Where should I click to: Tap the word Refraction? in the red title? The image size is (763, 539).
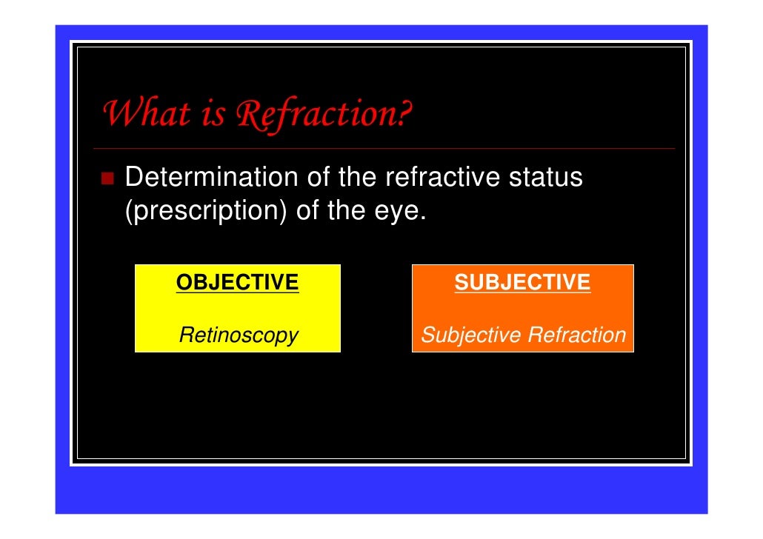click(x=324, y=114)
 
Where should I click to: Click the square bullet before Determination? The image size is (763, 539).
click(x=108, y=178)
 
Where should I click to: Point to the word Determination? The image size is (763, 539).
click(x=211, y=178)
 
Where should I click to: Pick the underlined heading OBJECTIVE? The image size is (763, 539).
click(x=237, y=282)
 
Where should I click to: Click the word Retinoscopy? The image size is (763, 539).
click(x=239, y=335)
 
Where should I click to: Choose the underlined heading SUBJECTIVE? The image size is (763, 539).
click(x=522, y=282)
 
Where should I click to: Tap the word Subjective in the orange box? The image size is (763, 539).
click(x=470, y=335)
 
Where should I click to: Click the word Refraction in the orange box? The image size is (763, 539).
click(x=576, y=335)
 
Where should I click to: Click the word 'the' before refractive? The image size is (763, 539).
click(x=358, y=178)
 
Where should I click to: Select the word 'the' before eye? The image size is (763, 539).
click(x=345, y=212)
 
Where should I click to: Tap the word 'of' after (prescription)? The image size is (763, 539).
click(x=307, y=212)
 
